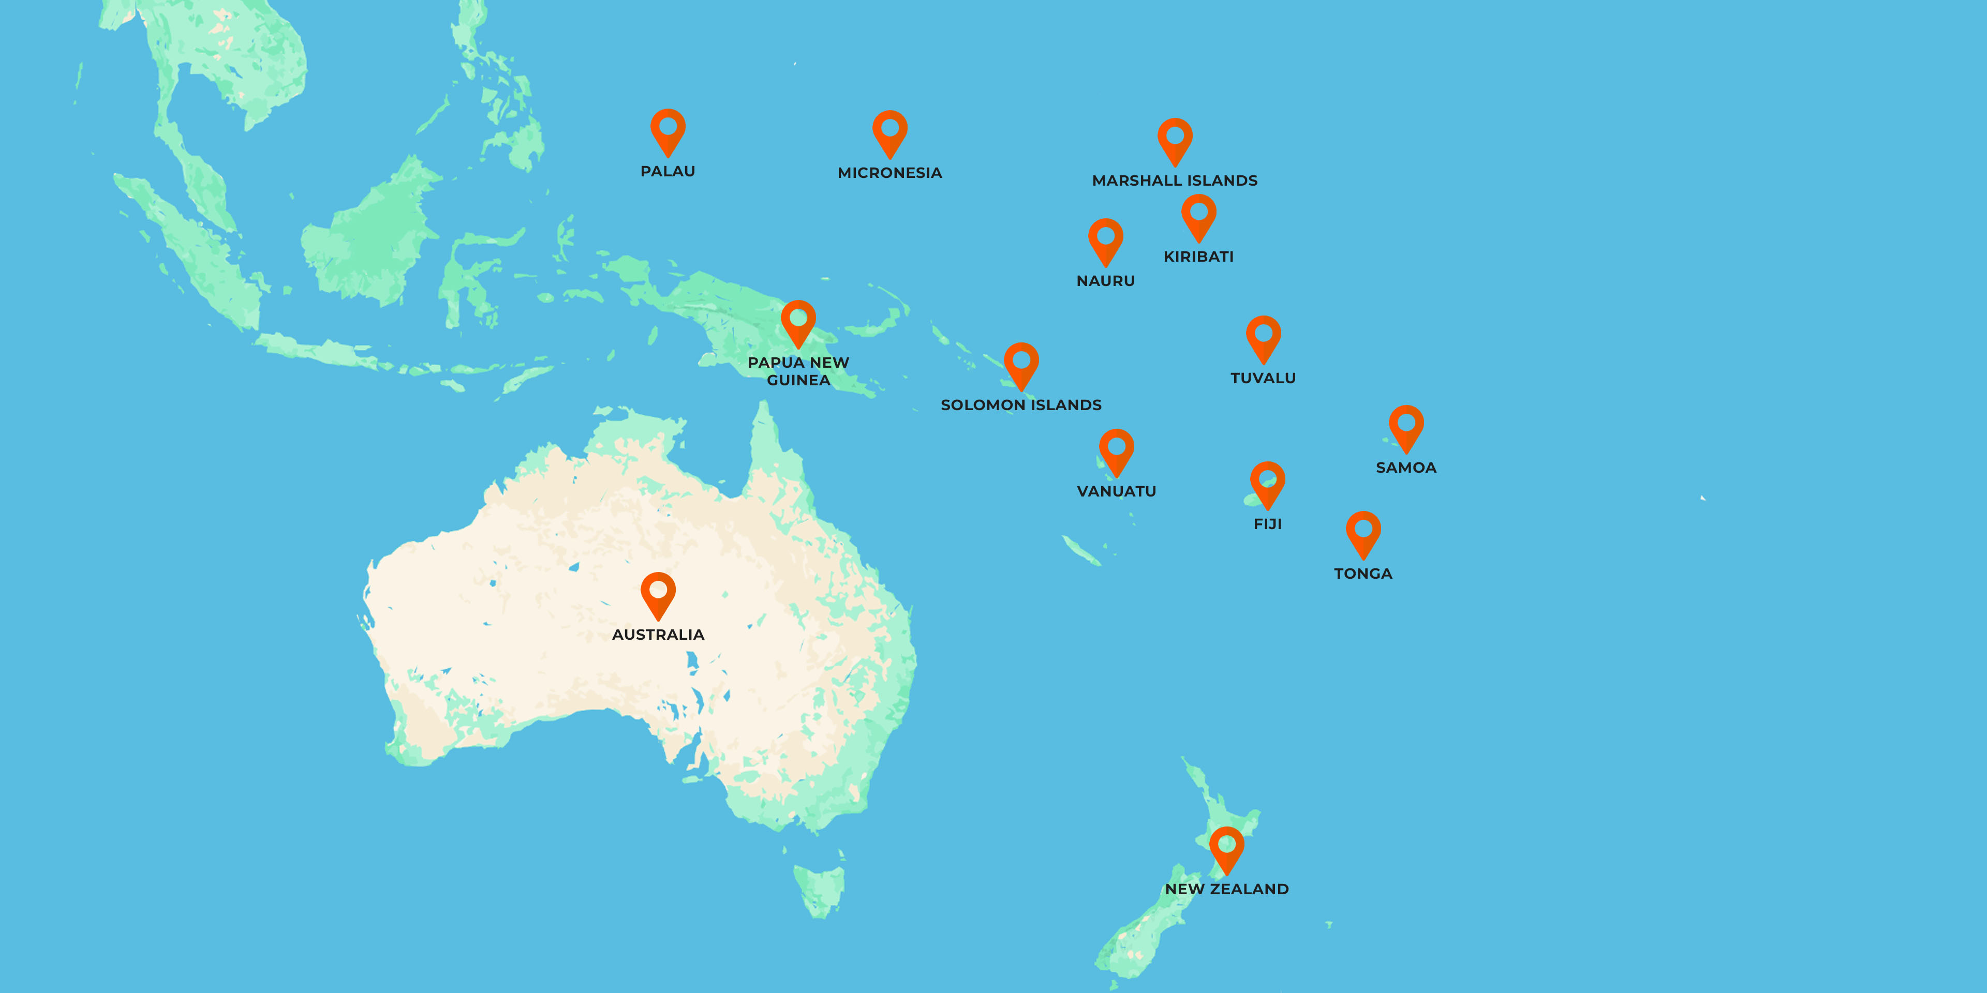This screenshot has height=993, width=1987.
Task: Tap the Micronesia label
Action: pos(889,173)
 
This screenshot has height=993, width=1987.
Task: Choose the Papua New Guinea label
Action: pos(798,371)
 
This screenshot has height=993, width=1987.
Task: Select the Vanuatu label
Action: pos(1116,491)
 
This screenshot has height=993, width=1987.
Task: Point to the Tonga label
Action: pos(1363,574)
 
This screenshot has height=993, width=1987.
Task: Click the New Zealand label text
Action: pos(1226,889)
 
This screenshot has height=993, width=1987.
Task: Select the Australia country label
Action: pos(658,635)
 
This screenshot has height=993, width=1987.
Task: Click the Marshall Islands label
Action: pos(1175,180)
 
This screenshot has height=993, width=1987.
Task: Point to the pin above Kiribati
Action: pos(1199,215)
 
